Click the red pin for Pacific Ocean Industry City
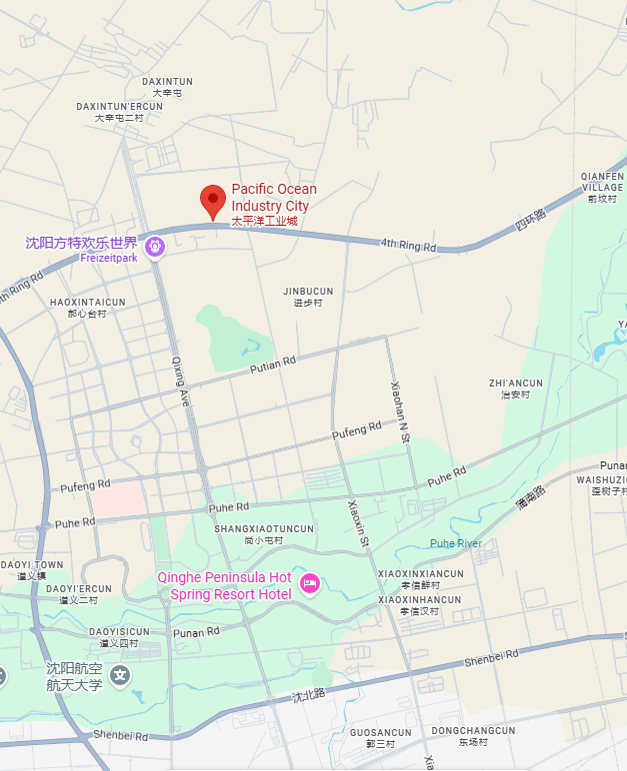pyautogui.click(x=212, y=200)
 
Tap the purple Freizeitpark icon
pyautogui.click(x=155, y=246)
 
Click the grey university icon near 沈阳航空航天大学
pyautogui.click(x=120, y=676)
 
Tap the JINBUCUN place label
pyautogui.click(x=308, y=292)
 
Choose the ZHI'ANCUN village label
pyautogui.click(x=516, y=383)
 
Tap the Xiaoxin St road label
pyautogui.click(x=358, y=521)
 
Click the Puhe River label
pyautogui.click(x=455, y=543)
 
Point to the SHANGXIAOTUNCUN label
pyautogui.click(x=264, y=528)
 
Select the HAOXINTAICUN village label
pyautogui.click(x=87, y=302)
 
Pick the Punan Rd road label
pyautogui.click(x=197, y=632)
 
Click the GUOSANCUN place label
pyautogui.click(x=380, y=732)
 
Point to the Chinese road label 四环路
pyautogui.click(x=530, y=221)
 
